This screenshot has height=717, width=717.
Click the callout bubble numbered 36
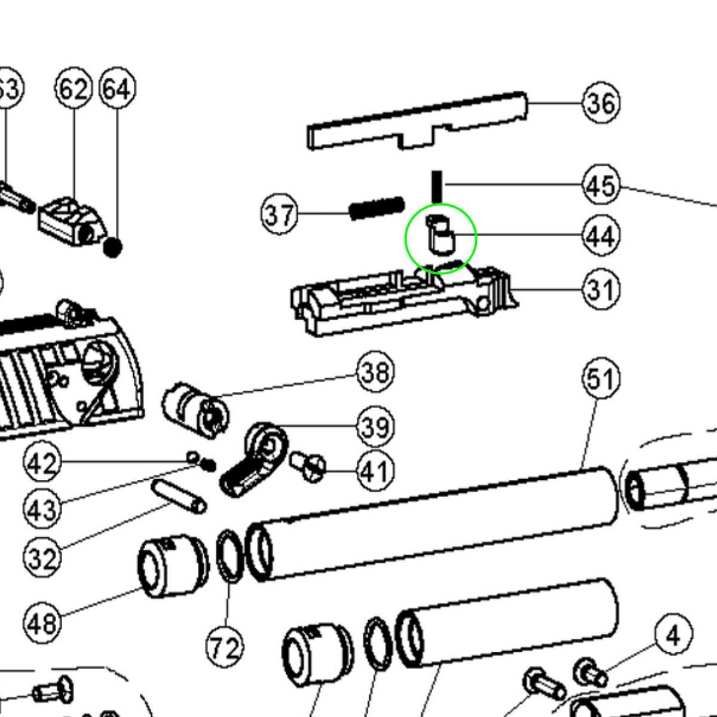pos(601,103)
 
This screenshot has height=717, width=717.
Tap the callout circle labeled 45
pos(601,185)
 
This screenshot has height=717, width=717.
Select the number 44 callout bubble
pos(601,236)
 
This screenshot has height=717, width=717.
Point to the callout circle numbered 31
pos(601,290)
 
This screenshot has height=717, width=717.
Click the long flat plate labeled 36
pos(418,122)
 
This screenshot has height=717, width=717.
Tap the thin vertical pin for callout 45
pos(437,186)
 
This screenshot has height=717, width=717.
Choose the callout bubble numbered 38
pos(375,372)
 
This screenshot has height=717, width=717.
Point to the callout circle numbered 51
pos(601,379)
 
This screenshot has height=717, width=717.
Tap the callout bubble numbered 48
pos(42,623)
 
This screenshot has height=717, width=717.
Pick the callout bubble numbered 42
pos(42,462)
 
